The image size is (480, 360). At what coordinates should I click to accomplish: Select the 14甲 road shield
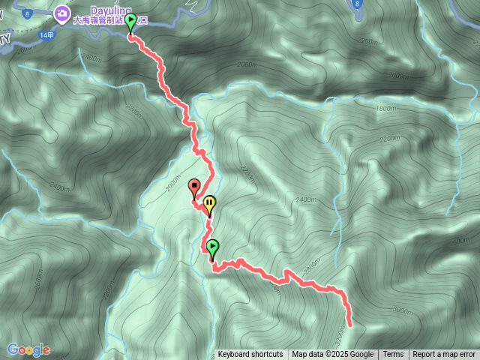(x=47, y=35)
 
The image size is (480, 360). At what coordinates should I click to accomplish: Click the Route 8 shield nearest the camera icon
(x=26, y=14)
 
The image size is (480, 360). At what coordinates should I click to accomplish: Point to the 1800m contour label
(x=386, y=109)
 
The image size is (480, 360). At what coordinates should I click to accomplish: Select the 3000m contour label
(x=402, y=310)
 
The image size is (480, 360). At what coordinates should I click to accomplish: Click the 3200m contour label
(x=339, y=330)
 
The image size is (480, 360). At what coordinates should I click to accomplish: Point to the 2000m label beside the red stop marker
(x=174, y=184)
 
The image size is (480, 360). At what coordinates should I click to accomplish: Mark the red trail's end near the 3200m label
(x=350, y=324)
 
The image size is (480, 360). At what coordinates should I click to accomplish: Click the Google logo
(x=28, y=349)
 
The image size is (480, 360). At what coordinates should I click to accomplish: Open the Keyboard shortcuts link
(x=250, y=355)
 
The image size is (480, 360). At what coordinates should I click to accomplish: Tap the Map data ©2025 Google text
(x=332, y=355)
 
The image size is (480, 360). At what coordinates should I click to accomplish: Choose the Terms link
(x=393, y=355)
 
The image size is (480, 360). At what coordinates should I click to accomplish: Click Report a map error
(x=444, y=355)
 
